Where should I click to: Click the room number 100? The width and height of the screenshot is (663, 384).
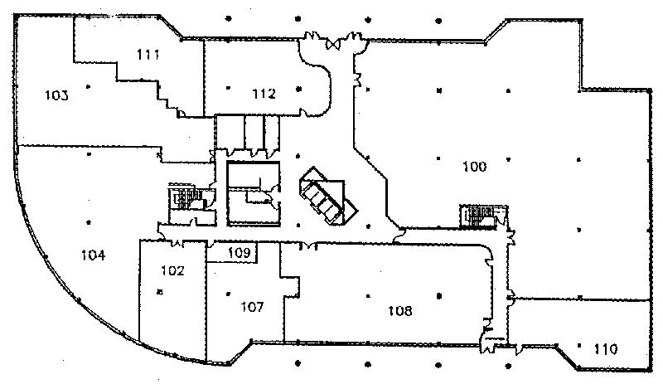(x=474, y=167)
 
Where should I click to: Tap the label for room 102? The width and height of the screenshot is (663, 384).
(x=172, y=270)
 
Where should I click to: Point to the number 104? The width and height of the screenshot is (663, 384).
(x=93, y=255)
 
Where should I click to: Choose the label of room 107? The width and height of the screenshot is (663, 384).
(x=252, y=307)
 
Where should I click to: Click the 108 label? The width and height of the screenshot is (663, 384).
(x=400, y=311)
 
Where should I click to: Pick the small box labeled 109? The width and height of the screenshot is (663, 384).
(x=239, y=251)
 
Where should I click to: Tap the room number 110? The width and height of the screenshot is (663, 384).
(x=606, y=349)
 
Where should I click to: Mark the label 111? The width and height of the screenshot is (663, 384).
(x=148, y=55)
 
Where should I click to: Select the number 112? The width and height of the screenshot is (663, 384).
(x=264, y=94)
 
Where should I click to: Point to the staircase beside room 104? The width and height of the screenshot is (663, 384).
(x=180, y=197)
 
